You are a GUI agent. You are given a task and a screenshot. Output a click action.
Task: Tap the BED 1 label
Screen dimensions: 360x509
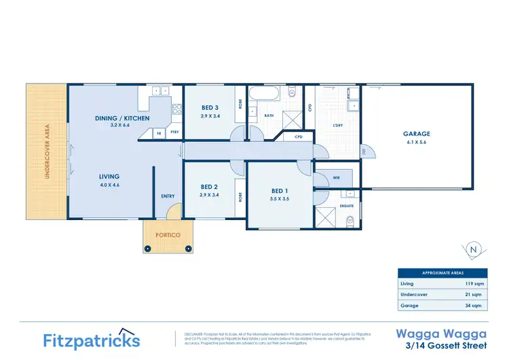pyautogui.click(x=280, y=191)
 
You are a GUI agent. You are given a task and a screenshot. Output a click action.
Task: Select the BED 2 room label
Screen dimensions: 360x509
pyautogui.click(x=209, y=187)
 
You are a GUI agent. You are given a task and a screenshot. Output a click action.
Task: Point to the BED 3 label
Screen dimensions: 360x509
pyautogui.click(x=210, y=107)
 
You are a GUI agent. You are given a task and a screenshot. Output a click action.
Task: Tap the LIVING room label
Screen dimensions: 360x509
pyautogui.click(x=109, y=177)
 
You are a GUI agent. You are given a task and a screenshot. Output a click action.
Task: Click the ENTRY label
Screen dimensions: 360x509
pyautogui.click(x=168, y=196)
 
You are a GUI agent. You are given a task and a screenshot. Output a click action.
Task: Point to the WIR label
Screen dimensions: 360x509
pyautogui.click(x=336, y=177)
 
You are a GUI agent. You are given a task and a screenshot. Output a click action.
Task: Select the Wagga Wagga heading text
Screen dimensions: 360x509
pyautogui.click(x=440, y=334)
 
